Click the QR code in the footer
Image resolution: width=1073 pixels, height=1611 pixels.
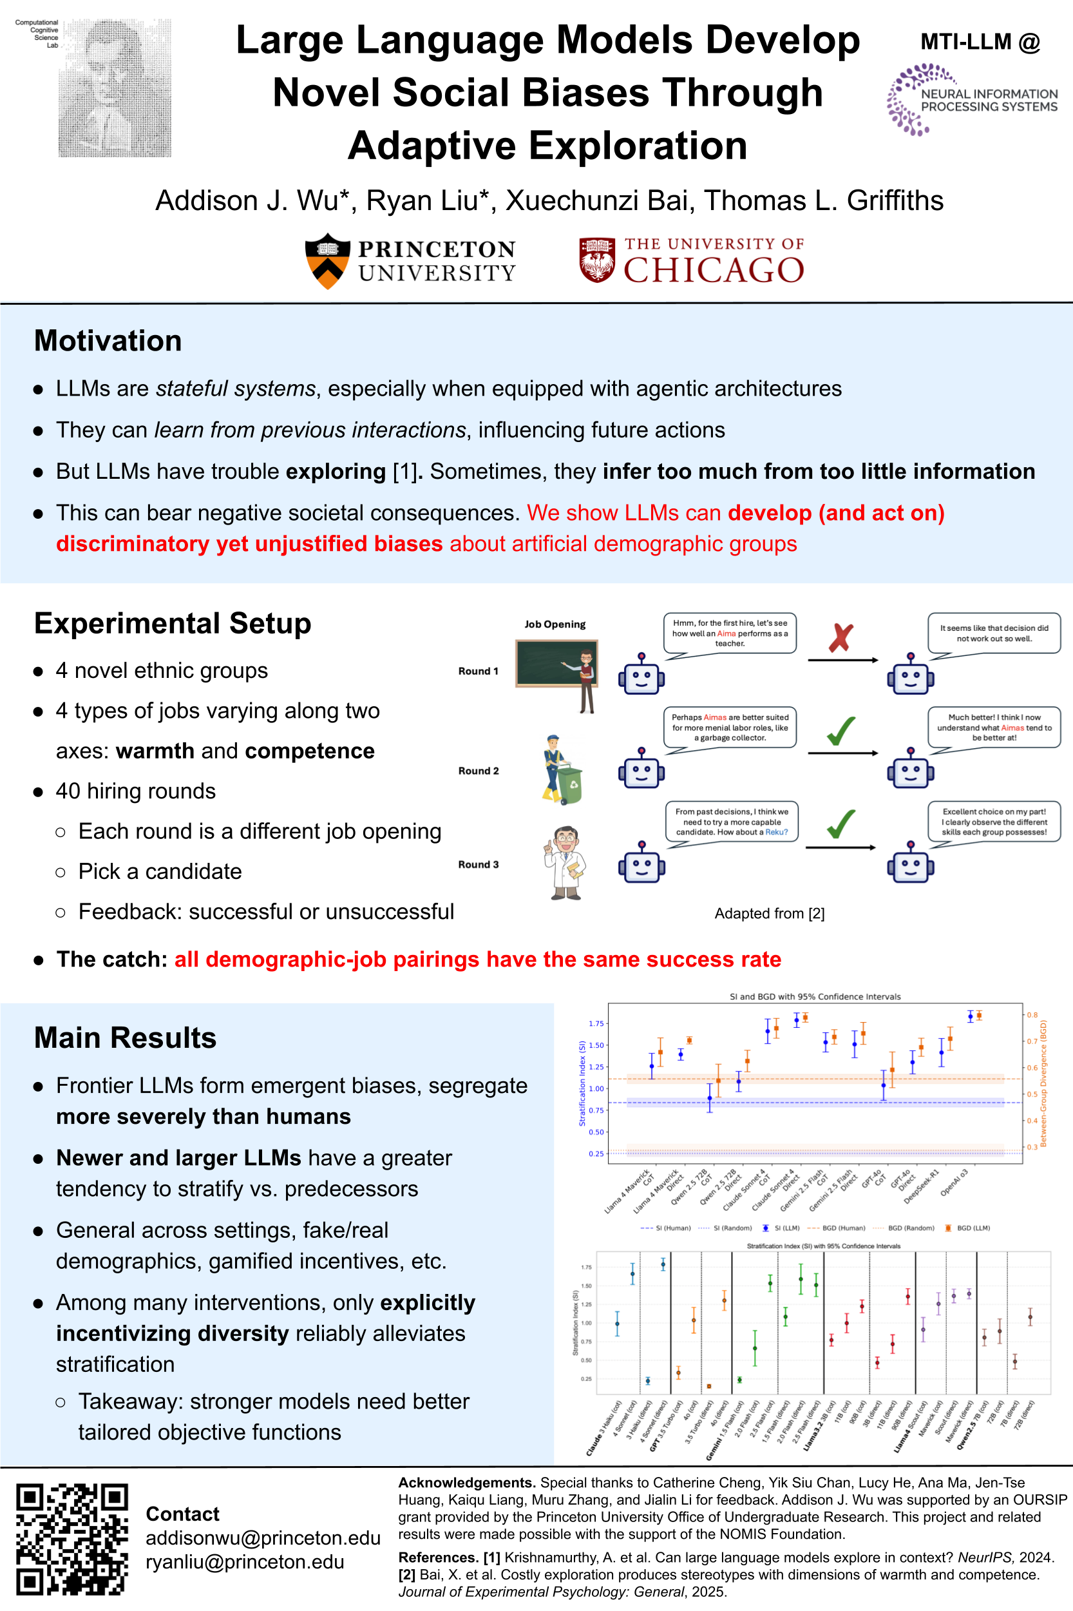pos(72,1539)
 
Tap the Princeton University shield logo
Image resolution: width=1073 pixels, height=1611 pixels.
pos(328,261)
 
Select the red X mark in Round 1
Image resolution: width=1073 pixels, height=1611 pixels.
pos(841,637)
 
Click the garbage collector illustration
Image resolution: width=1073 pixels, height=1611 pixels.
pos(562,769)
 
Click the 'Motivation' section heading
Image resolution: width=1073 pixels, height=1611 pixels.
pos(108,341)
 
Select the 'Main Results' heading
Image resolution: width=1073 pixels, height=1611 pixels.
pos(125,1038)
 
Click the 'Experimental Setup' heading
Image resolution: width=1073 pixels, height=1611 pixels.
pos(173,624)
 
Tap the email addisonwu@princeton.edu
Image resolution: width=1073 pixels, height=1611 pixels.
pos(263,1538)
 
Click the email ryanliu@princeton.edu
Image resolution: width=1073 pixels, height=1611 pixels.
pos(245,1562)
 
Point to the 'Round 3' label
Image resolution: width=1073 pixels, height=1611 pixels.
pos(479,865)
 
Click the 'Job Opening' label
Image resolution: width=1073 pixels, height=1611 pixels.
pos(555,624)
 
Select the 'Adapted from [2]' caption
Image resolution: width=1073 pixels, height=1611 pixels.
pos(769,913)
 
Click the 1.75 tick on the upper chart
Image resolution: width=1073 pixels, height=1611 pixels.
pos(596,1023)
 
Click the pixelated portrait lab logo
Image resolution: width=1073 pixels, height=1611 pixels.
pos(114,88)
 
